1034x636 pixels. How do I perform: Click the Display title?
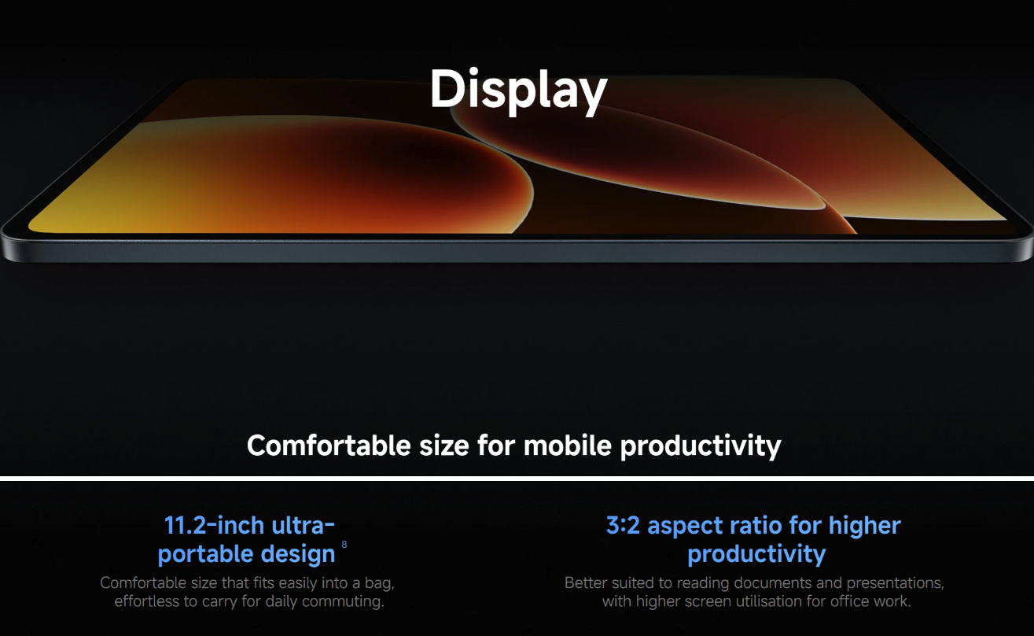518,91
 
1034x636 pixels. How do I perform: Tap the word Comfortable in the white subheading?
329,446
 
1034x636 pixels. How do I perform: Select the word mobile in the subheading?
567,446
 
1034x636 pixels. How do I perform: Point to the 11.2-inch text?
214,526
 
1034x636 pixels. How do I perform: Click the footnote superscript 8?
344,545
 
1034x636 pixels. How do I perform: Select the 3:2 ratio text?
623,526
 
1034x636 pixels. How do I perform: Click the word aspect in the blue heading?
688,527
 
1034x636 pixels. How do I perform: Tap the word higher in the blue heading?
864,527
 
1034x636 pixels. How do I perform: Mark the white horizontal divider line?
517,479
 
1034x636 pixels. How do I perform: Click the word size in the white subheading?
444,446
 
